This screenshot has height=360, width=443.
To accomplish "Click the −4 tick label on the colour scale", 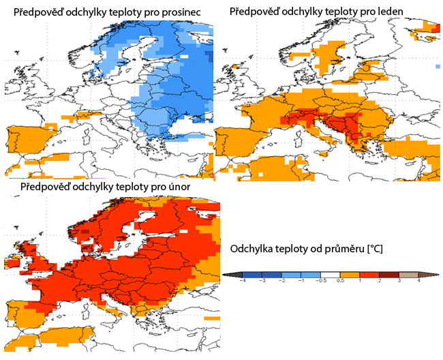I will (x=243, y=281).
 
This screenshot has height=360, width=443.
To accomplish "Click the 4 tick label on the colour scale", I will (x=418, y=281).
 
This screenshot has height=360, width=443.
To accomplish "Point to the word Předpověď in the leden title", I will (x=253, y=12).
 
